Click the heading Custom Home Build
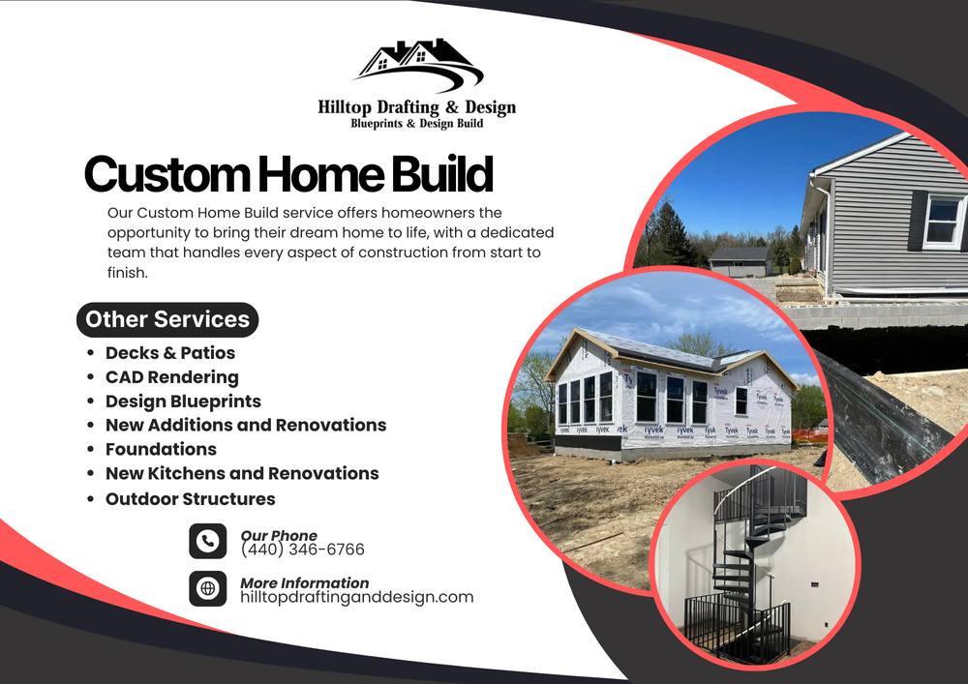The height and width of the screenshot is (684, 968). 288,174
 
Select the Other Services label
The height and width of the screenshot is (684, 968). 167,319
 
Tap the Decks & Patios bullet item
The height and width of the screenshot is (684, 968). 170,353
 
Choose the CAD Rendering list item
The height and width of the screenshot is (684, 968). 172,377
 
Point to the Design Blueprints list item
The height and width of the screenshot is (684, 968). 183,401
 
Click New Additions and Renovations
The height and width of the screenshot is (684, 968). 246,426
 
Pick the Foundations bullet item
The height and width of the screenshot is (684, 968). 161,450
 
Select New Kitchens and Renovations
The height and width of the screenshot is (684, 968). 242,474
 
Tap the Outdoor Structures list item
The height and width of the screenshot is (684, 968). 191,499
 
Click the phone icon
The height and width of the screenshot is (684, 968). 207,541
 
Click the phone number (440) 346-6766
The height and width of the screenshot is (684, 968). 302,550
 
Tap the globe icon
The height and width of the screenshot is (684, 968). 207,588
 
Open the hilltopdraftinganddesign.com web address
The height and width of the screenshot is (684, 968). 356,597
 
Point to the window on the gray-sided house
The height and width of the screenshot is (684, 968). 942,222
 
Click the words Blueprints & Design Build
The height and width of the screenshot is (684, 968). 416,124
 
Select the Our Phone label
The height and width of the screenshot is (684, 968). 279,535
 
